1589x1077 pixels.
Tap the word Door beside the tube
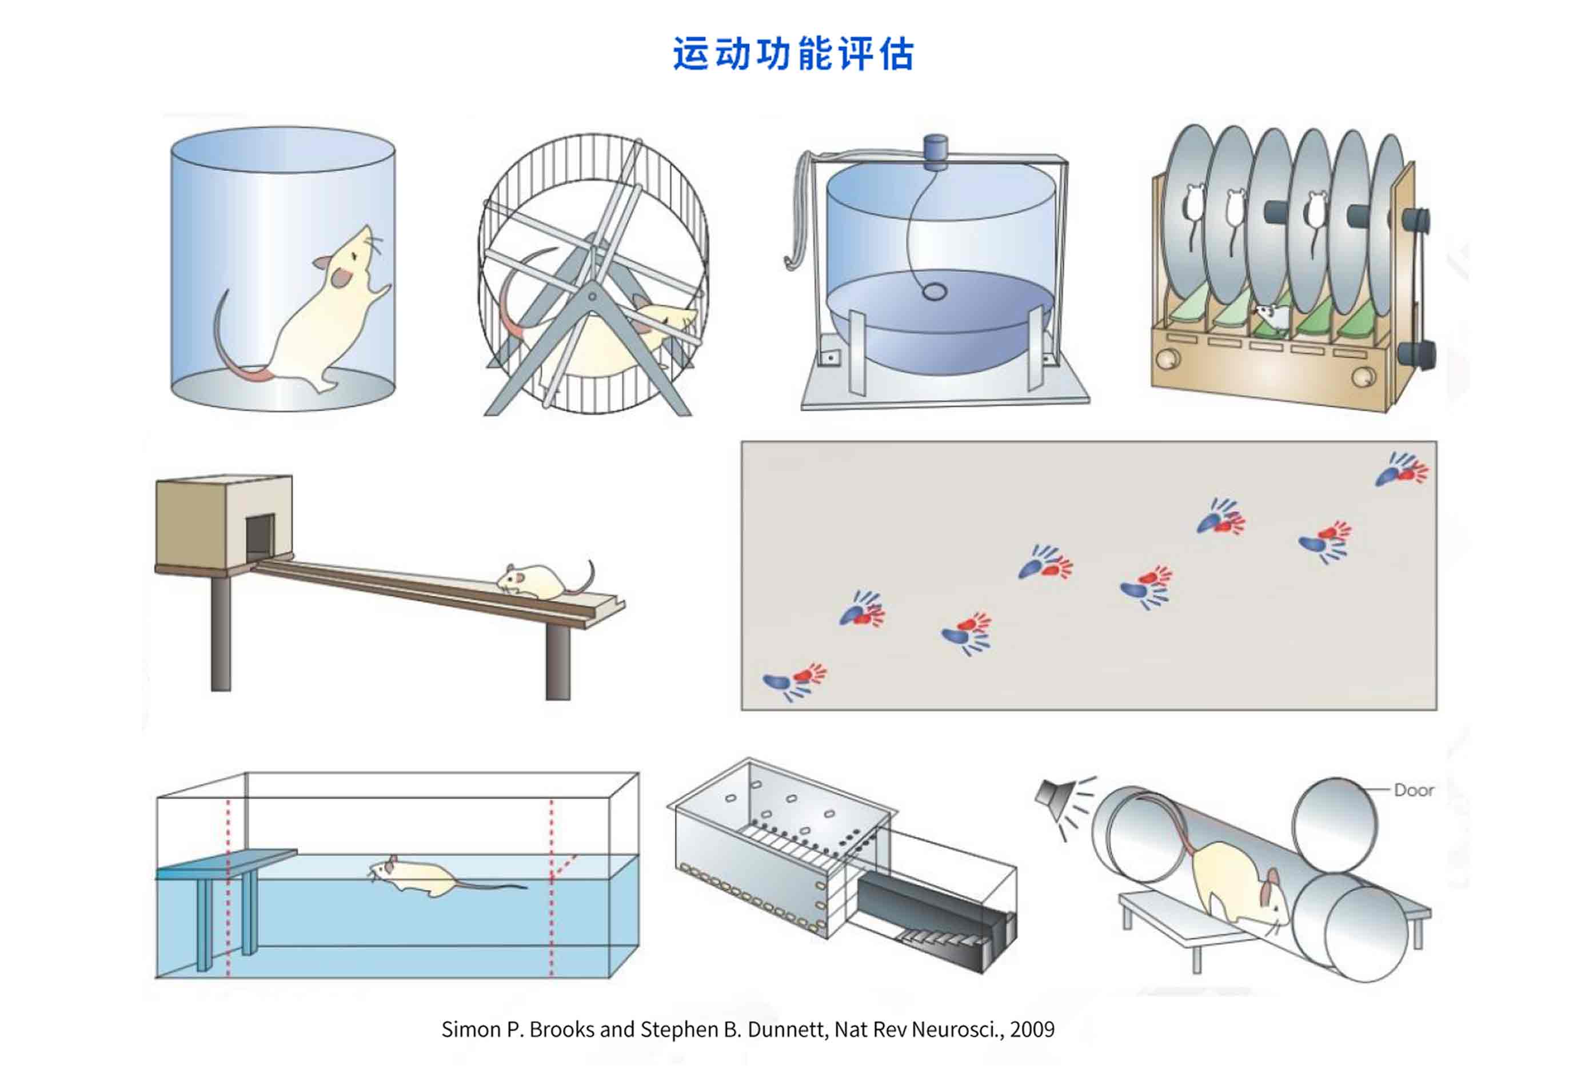1414,791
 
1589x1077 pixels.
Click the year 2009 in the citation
1032,1029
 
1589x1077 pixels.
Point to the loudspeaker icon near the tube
1053,795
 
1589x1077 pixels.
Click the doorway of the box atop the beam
260,537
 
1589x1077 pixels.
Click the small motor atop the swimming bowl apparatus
935,152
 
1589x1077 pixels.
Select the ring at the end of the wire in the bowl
934,292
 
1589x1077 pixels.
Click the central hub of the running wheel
592,297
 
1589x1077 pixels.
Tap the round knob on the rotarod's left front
1167,358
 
